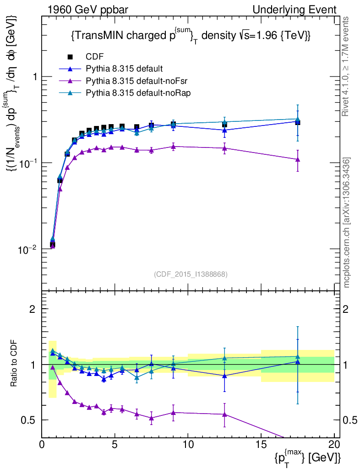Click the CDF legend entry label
(95, 57)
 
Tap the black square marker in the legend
(71, 57)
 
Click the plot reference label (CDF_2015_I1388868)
(191, 274)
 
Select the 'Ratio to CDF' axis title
(14, 364)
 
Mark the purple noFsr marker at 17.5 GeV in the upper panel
(298, 159)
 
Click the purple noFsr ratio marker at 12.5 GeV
(224, 414)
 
